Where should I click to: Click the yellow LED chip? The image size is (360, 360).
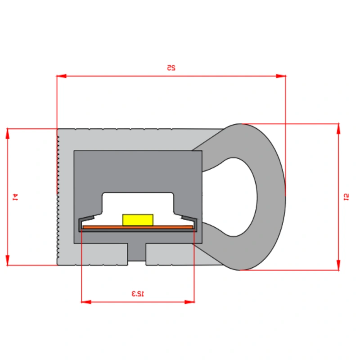tap(138, 220)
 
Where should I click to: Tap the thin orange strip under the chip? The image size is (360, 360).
tap(138, 227)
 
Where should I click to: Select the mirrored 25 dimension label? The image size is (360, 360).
tap(171, 67)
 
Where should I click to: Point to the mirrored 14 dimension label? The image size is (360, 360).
tap(15, 197)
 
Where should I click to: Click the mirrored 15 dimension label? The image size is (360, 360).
tap(346, 197)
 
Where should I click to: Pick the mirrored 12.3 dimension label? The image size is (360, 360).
tap(138, 293)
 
